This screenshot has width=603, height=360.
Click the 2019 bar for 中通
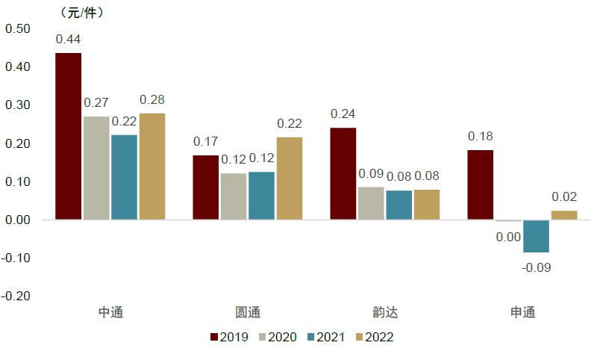click(69, 136)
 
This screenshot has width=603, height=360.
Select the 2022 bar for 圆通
click(290, 179)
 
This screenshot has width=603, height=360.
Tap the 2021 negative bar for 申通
click(536, 236)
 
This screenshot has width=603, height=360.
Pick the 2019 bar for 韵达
click(343, 173)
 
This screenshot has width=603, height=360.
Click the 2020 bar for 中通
click(96, 168)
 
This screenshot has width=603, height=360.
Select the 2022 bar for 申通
click(563, 215)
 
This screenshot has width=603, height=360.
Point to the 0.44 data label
click(69, 39)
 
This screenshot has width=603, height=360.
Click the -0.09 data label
click(536, 267)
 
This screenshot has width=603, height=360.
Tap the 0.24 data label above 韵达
click(343, 114)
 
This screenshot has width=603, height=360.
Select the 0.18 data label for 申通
click(481, 136)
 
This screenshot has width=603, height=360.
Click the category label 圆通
click(248, 312)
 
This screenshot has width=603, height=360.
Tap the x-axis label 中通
click(110, 312)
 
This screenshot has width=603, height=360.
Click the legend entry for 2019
click(229, 337)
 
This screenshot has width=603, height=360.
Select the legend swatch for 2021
click(311, 337)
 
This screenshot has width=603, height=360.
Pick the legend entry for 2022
click(373, 337)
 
